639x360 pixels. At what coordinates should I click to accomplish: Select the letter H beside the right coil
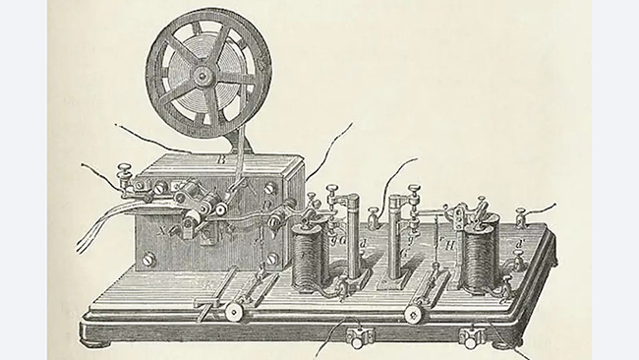[448, 243]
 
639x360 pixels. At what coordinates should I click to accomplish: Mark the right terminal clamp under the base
[473, 336]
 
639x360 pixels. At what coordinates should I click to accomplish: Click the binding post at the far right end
[523, 213]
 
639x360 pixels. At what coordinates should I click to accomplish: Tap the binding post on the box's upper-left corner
[126, 177]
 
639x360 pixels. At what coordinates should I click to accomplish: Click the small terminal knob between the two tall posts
[373, 216]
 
